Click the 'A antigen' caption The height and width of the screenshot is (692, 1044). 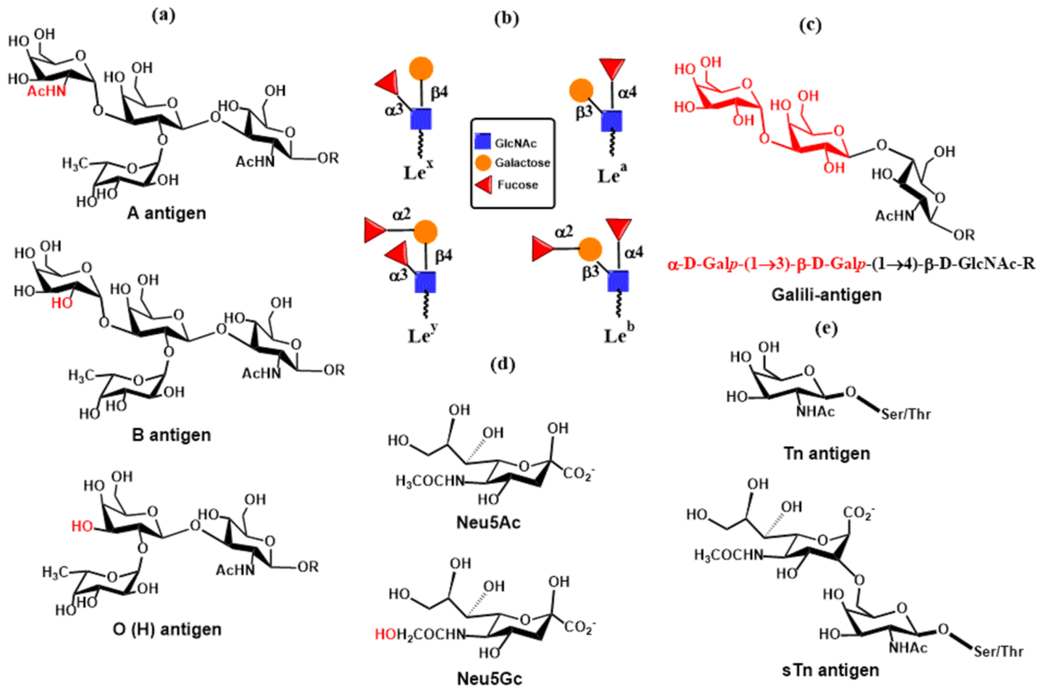167,214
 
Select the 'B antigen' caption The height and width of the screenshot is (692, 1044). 171,435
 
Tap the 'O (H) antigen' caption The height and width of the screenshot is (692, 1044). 167,629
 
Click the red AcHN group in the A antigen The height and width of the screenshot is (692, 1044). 46,91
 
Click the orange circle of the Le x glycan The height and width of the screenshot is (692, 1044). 421,69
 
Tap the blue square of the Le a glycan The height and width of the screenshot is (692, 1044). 612,120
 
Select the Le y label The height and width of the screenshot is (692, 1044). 422,335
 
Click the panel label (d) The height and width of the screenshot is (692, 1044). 503,365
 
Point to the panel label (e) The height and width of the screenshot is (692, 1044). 826,328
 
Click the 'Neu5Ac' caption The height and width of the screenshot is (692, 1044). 488,522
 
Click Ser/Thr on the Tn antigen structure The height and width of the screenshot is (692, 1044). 906,414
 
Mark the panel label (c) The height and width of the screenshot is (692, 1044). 810,25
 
